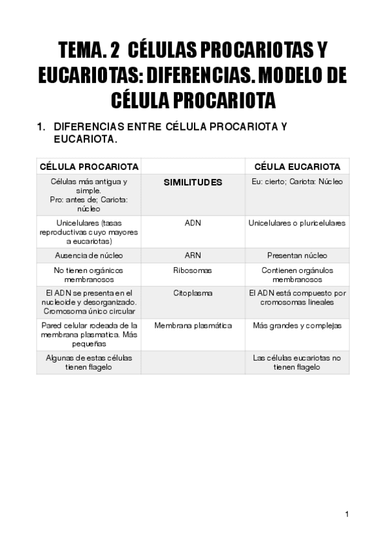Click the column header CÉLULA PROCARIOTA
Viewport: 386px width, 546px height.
click(x=89, y=166)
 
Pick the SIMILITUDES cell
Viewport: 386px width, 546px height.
click(x=193, y=182)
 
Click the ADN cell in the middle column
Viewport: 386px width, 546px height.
click(x=193, y=223)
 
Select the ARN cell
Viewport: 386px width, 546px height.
click(x=193, y=255)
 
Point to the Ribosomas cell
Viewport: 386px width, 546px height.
click(x=193, y=270)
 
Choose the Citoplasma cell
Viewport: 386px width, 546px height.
click(x=193, y=293)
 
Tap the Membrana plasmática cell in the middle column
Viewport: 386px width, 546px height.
click(x=193, y=326)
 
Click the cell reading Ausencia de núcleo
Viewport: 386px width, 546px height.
click(x=89, y=255)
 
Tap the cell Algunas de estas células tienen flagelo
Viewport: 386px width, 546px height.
click(x=89, y=362)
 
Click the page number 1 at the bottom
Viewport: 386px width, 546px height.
click(x=347, y=514)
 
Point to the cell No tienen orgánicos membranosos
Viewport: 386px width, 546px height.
click(x=89, y=275)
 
